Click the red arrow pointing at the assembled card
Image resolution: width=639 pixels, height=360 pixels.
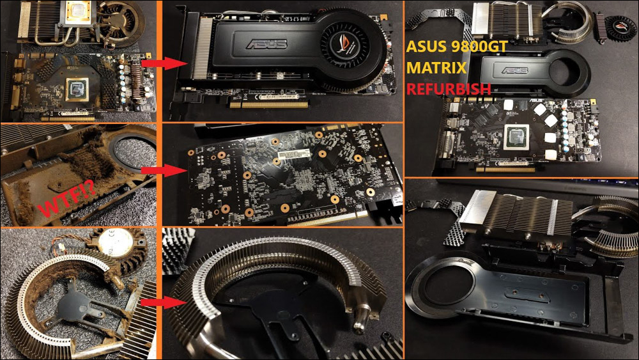[155, 63]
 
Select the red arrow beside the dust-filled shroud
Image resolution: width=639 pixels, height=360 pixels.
[155, 170]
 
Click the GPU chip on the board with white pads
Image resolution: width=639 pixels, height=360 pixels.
[516, 135]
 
